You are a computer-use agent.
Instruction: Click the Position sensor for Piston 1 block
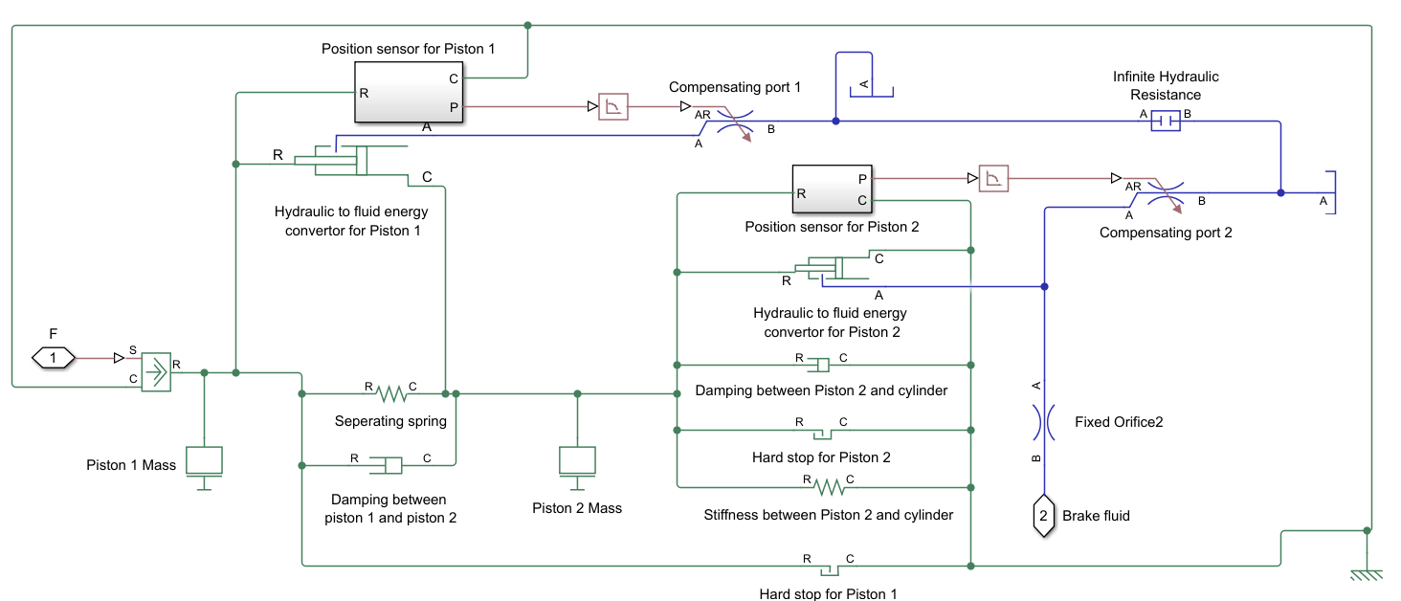(409, 92)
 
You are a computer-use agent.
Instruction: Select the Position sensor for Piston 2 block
(832, 189)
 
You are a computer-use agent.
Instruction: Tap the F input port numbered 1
(54, 358)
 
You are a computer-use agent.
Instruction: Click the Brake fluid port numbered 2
(1044, 516)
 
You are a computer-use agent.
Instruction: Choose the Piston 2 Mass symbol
(577, 461)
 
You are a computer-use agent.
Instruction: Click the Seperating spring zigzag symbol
(390, 392)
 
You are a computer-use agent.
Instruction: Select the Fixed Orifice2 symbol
(1044, 421)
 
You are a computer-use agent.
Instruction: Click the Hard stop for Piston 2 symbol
(821, 432)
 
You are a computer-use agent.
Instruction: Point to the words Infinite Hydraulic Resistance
(1165, 85)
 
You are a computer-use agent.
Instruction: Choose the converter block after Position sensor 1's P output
(612, 106)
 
